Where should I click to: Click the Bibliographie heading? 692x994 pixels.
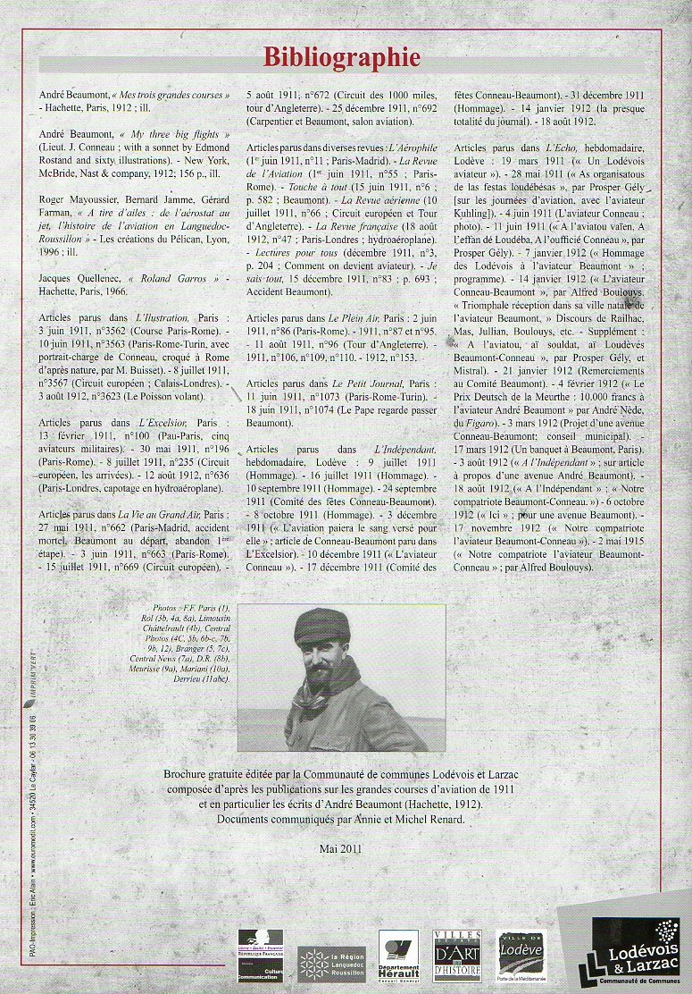(341, 57)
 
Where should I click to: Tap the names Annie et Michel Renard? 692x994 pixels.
(411, 818)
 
